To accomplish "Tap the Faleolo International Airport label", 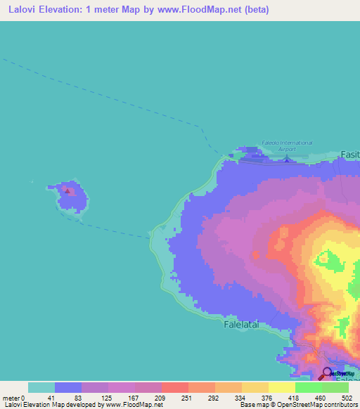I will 286,145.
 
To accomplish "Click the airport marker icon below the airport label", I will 286,159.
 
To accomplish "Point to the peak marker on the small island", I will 67,190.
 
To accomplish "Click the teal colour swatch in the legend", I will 41,387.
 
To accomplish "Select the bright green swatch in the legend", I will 308,387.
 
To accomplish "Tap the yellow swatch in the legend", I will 281,387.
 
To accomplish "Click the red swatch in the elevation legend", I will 174,387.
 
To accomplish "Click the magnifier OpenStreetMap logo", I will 328,373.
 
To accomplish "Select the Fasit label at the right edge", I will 349,154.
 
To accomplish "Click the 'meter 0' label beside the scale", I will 13,398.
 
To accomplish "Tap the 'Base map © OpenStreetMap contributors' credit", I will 296,405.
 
